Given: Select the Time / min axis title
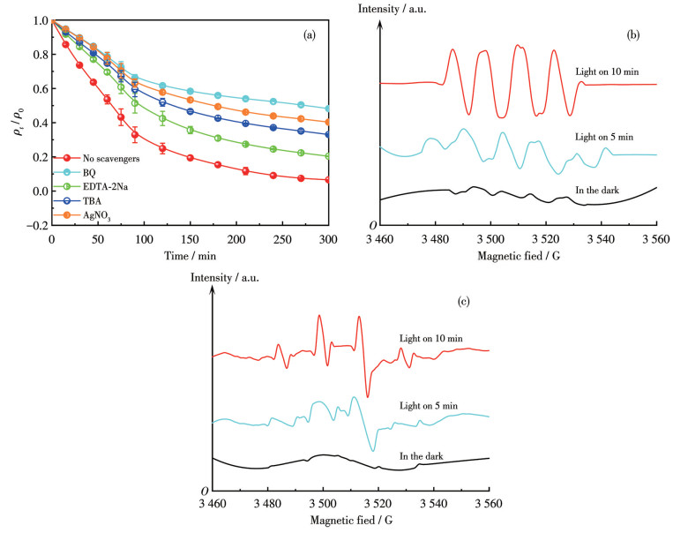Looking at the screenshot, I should pos(189,256).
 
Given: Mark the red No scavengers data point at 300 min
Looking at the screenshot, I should pos(329,180).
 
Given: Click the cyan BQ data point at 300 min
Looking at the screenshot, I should pos(329,109).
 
